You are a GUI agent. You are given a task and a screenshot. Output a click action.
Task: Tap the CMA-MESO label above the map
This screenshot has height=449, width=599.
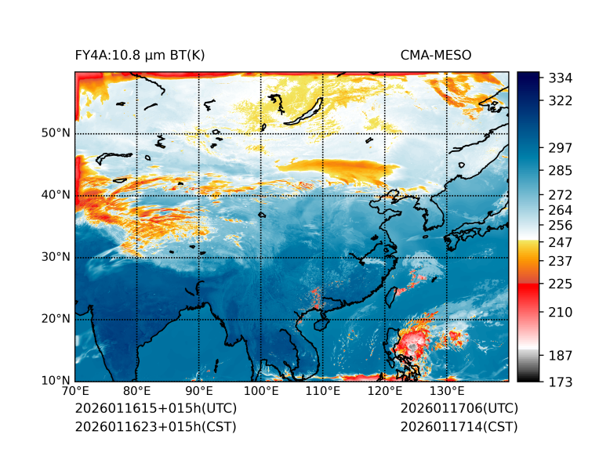click(x=436, y=55)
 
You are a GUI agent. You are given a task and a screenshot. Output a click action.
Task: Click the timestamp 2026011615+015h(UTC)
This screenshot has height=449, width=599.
click(x=155, y=408)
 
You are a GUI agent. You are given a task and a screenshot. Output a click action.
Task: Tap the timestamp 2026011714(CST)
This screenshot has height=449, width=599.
click(x=459, y=426)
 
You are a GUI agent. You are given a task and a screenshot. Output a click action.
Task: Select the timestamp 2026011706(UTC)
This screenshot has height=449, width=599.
click(x=459, y=408)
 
